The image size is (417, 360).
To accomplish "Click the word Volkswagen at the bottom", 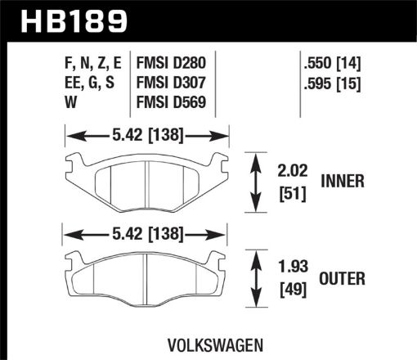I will click(x=208, y=344).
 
